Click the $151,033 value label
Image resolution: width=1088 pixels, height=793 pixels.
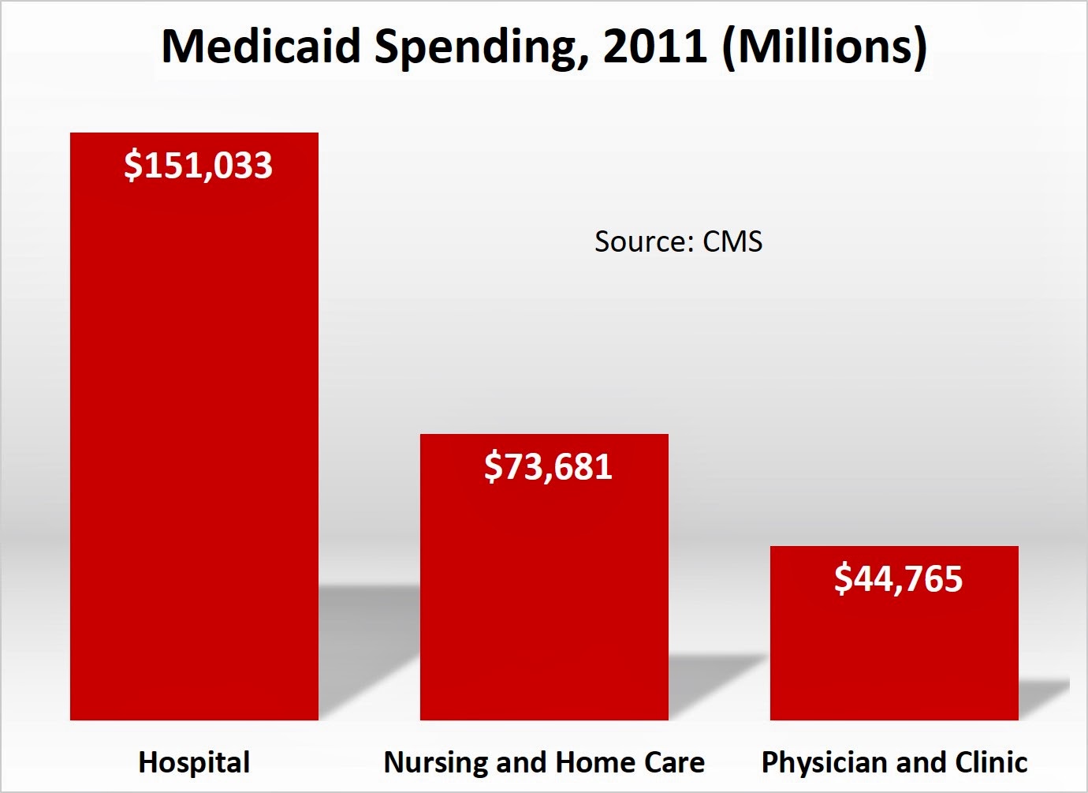[x=198, y=166]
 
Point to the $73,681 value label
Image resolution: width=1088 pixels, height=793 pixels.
[x=548, y=467]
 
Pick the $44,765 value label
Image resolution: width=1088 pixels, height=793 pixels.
[x=898, y=579]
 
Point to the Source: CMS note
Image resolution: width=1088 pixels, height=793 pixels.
[x=678, y=241]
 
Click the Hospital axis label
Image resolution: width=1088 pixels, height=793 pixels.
[x=194, y=762]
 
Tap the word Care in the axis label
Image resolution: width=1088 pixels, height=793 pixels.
[x=674, y=762]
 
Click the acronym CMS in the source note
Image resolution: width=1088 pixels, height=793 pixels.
[x=732, y=241]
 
